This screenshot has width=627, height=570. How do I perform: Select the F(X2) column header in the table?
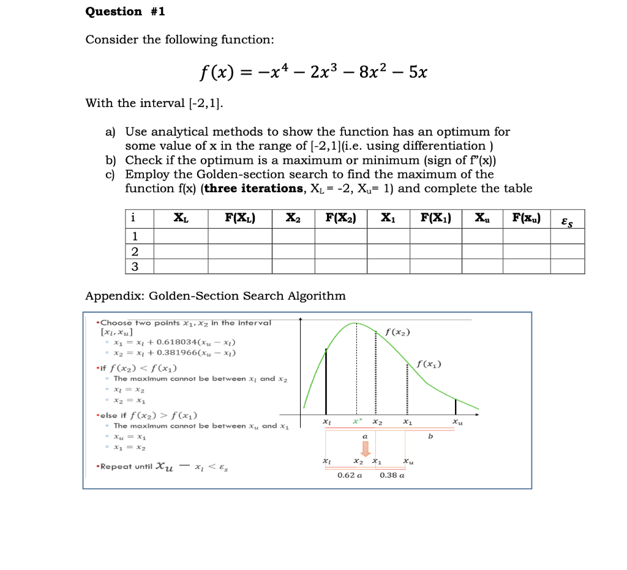click(x=340, y=218)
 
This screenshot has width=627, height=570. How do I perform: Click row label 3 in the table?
click(x=135, y=266)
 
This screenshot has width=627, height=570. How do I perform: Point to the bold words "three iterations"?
click(x=250, y=188)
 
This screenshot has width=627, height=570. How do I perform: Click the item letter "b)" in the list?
click(x=111, y=160)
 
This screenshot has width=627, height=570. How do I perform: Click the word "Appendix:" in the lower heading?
click(x=115, y=296)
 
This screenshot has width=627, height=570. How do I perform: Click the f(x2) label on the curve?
click(x=398, y=333)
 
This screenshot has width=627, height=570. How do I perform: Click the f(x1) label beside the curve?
click(x=429, y=365)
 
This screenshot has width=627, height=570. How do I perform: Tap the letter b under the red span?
click(x=430, y=436)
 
